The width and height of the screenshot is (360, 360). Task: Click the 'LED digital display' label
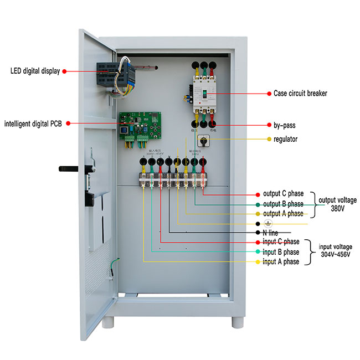[x=34, y=71]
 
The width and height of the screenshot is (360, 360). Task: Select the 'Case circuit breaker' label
[x=300, y=94]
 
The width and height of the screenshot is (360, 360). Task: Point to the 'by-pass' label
[x=284, y=126]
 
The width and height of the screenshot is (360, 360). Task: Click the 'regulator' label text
[x=286, y=139]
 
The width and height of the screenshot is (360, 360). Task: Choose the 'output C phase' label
[x=283, y=194]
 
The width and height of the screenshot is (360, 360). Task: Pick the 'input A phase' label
[x=281, y=261]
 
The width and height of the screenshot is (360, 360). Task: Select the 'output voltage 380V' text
[x=339, y=204]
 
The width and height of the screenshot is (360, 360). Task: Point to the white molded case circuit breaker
[x=202, y=91]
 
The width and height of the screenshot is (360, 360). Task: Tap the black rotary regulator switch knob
[x=203, y=139]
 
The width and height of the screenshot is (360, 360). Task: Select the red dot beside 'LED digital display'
[x=64, y=71]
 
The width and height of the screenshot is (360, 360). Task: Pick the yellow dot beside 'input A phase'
[x=258, y=261]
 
